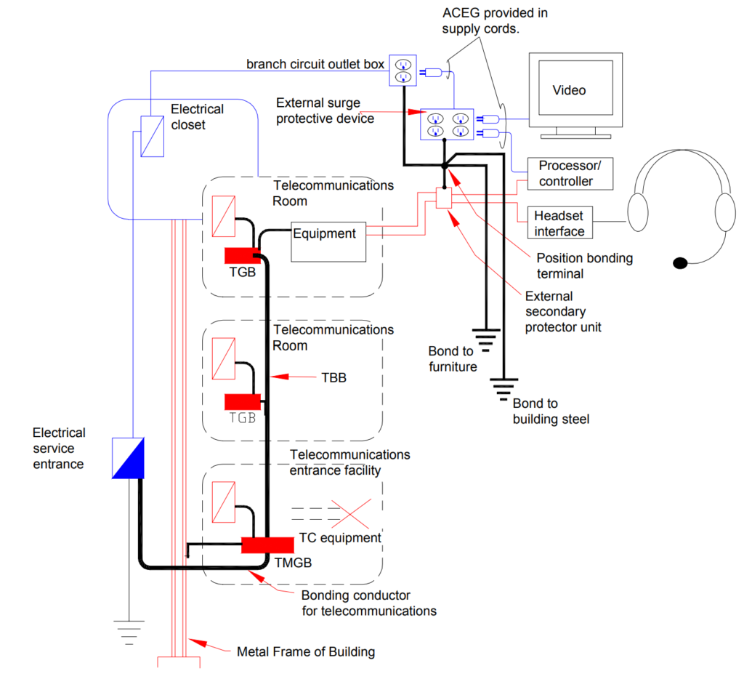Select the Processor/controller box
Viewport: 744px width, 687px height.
(565, 174)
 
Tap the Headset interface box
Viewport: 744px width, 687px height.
(559, 223)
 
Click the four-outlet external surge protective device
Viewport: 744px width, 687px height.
(447, 124)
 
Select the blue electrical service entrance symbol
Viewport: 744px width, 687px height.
(129, 458)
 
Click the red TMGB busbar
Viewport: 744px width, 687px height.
(267, 545)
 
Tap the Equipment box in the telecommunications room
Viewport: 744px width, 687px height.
(329, 242)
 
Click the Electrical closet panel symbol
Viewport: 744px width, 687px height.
(152, 136)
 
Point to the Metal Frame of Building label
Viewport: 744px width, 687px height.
(305, 651)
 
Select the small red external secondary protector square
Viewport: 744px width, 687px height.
(443, 198)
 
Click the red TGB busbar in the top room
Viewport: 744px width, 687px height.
(243, 255)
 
